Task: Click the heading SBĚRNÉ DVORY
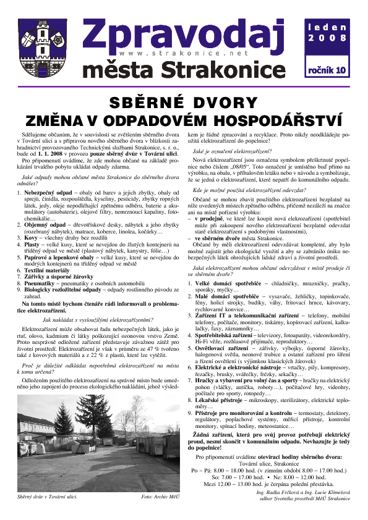184,103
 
